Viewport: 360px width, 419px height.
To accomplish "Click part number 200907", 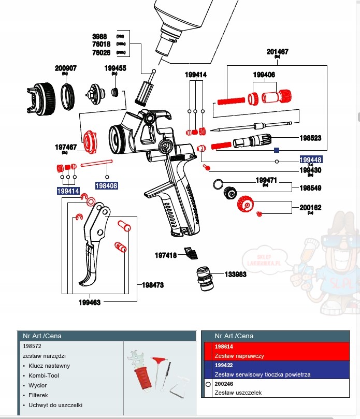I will [x=66, y=68].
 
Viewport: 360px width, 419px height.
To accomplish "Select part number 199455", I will [x=115, y=68].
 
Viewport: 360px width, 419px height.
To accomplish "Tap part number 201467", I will [x=278, y=52].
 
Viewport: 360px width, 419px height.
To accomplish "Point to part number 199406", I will [x=264, y=75].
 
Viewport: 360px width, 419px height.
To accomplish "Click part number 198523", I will [x=310, y=138].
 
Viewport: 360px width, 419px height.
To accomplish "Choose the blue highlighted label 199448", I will [x=311, y=160].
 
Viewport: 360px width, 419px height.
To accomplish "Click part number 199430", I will [x=310, y=170].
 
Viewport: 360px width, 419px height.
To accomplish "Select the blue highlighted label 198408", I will [x=106, y=185].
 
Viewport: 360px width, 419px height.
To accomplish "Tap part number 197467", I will [x=66, y=147].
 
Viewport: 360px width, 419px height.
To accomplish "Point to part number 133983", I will [x=235, y=274].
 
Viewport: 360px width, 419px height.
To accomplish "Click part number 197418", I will [x=166, y=255].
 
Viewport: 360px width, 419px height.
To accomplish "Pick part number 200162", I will [x=310, y=207].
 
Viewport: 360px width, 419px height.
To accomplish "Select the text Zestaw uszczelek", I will [x=238, y=393].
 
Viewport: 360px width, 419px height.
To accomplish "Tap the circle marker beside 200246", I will [x=208, y=385].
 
